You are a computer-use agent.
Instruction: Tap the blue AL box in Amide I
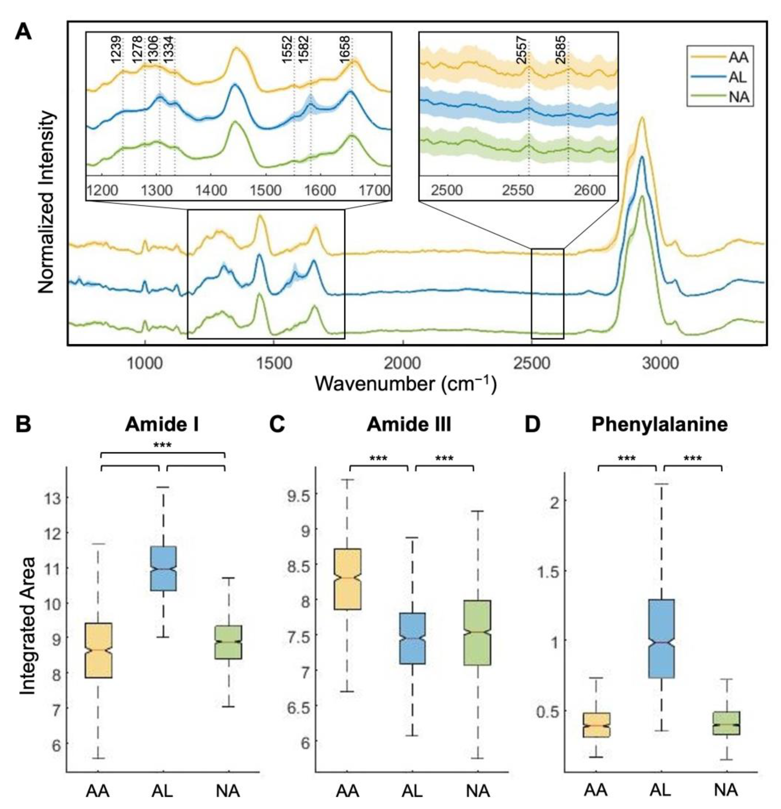pyautogui.click(x=163, y=568)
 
